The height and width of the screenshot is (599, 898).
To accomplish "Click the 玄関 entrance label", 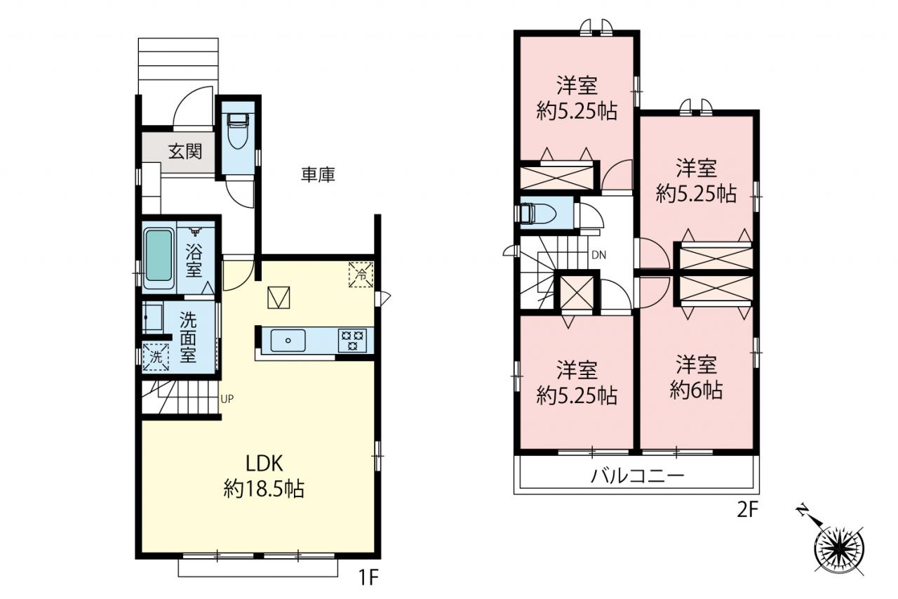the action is point(185,152).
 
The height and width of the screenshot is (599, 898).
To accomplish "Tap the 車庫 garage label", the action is point(318,175).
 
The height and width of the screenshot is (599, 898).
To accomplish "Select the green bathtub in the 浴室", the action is point(159,255).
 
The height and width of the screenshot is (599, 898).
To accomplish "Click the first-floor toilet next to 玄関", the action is point(238,131).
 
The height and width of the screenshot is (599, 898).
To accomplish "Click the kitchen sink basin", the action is point(288,341).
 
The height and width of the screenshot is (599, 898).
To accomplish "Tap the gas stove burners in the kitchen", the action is point(352,341).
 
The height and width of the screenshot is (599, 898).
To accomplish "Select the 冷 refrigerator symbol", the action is point(361,275).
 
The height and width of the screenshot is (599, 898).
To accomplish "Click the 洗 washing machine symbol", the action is point(156,357).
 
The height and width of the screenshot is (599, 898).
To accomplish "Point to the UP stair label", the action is point(227,399).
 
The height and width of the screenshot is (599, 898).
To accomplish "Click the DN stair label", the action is point(599,255).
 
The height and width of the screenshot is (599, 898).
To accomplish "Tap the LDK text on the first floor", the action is point(264,463).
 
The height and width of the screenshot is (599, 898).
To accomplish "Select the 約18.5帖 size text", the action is point(264,489).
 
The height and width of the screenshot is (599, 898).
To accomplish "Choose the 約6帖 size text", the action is point(697,390).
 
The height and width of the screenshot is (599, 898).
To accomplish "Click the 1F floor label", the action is point(368,579).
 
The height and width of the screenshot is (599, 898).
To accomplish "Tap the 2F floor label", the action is point(748,511).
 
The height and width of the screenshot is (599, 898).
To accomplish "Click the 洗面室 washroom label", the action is point(188,337).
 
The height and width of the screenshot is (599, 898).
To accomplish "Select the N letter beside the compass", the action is point(803,511).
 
